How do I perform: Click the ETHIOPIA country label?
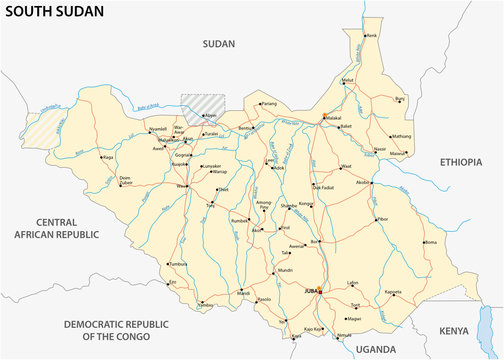pos(461,161)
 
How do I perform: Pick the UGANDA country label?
pos(377,349)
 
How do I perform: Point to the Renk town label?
pos(372,36)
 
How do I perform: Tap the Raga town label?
pos(108,157)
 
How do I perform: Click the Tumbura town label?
pos(178,264)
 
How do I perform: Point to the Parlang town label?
pos(269,103)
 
